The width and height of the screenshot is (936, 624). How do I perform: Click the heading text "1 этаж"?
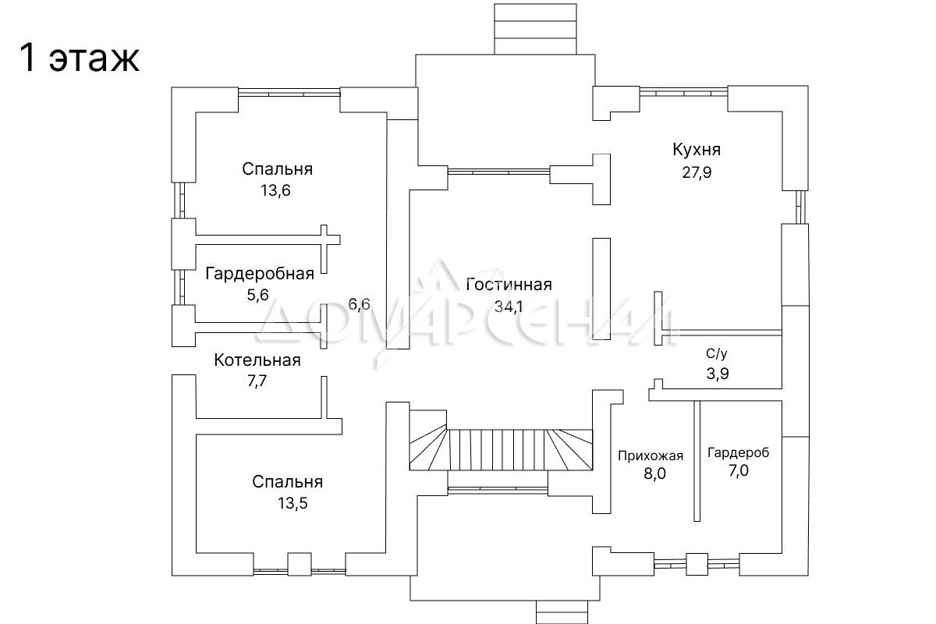click(79, 58)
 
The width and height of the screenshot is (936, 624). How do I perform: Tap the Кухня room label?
click(696, 150)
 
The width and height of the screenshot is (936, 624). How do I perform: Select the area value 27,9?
click(696, 172)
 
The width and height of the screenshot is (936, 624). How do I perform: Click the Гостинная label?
click(509, 284)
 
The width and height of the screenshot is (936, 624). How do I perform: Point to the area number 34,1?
click(508, 306)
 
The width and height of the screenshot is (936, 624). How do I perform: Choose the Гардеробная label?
click(260, 273)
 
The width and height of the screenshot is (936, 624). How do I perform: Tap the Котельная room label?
click(257, 360)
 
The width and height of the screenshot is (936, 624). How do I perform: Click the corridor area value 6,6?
click(360, 304)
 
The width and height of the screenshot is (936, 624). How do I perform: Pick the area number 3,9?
click(718, 374)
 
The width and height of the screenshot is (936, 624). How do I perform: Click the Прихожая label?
click(651, 456)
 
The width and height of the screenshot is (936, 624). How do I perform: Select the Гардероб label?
click(738, 452)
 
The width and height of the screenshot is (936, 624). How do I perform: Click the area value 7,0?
click(738, 470)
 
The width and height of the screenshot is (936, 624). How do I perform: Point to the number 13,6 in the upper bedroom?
click(276, 190)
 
